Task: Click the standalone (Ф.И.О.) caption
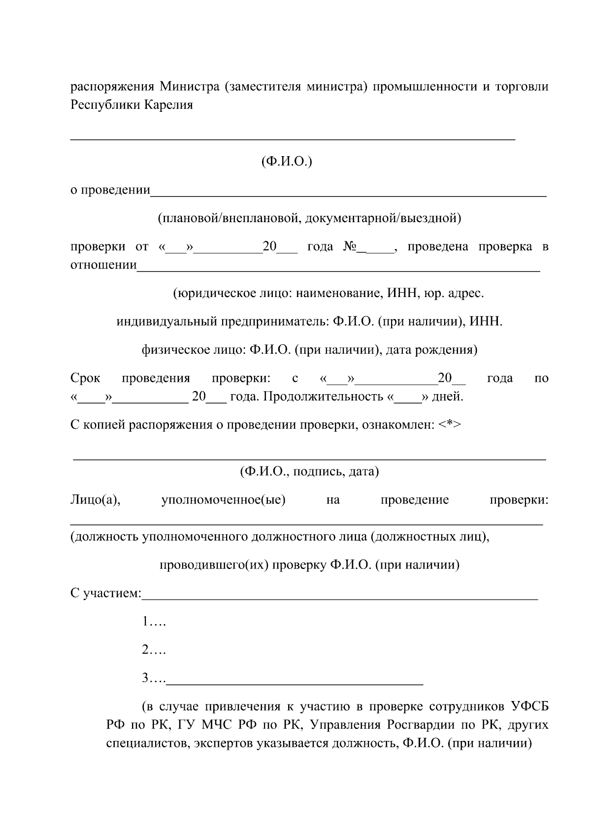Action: coord(286,162)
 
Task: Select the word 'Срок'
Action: coord(85,378)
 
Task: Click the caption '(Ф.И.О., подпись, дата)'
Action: coord(309,471)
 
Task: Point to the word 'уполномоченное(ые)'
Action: coord(223,500)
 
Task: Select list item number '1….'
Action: coord(154,622)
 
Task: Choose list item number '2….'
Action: coord(154,650)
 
